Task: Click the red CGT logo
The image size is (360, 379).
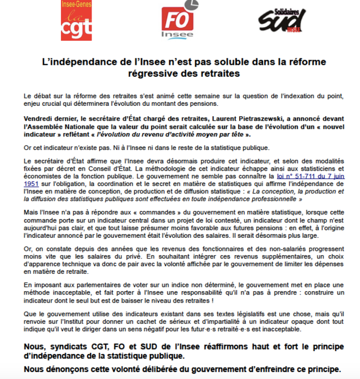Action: tap(76, 22)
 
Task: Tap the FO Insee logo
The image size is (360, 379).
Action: tap(178, 24)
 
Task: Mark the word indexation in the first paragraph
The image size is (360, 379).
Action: tap(272, 95)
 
